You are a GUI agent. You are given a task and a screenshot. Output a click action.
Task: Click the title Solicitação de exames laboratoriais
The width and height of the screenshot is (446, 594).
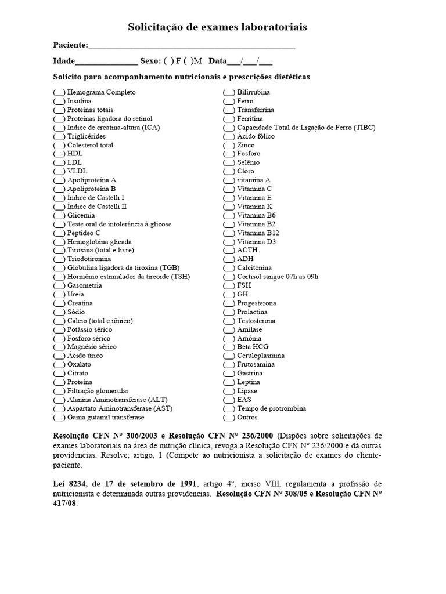pos(217,27)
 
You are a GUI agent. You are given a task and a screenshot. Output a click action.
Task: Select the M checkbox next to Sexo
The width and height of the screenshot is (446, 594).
pos(188,61)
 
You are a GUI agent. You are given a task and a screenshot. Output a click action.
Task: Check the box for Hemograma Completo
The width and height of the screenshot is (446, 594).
pos(59,92)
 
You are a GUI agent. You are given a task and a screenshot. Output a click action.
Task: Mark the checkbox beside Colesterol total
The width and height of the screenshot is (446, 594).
pos(59,145)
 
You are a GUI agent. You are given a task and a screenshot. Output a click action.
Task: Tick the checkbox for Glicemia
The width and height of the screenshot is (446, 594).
pos(59,215)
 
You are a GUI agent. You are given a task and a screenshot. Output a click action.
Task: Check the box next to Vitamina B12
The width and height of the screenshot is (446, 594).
pos(229,233)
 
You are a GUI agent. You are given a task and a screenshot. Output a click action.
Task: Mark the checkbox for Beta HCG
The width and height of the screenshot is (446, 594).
pos(229,347)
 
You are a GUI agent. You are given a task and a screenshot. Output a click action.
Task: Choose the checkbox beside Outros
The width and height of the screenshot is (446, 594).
pos(229,417)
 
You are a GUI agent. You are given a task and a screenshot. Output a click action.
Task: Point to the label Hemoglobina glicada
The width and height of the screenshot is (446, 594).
pos(99,241)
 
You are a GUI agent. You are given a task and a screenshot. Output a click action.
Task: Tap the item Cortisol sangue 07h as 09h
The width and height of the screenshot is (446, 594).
pos(278,277)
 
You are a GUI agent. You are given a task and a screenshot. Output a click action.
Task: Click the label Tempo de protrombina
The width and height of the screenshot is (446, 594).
pos(272,408)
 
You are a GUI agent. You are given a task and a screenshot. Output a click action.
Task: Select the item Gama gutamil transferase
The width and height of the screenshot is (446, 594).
pos(106,417)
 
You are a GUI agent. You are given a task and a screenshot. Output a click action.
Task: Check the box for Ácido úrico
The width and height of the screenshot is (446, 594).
pos(59,356)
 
